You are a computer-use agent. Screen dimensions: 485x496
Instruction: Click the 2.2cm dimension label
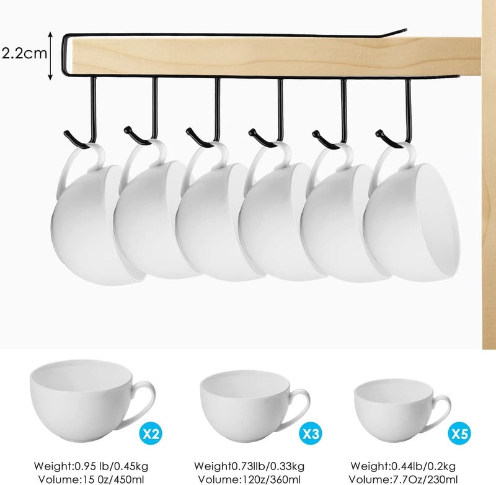pyautogui.click(x=24, y=53)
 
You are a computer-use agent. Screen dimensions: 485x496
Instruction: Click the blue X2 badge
pyautogui.click(x=148, y=432)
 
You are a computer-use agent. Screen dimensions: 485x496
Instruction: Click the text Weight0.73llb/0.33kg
pyautogui.click(x=248, y=465)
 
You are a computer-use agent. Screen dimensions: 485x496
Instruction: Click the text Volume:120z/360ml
pyautogui.click(x=248, y=478)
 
